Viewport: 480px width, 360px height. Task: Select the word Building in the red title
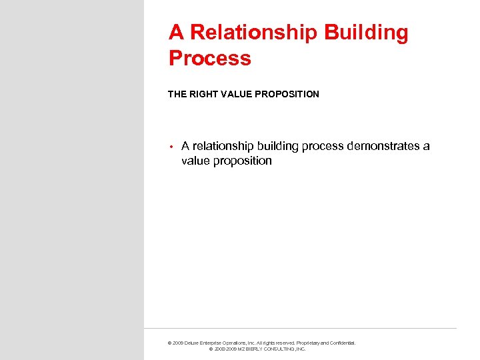pyautogui.click(x=367, y=33)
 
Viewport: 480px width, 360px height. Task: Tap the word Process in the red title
pyautogui.click(x=210, y=58)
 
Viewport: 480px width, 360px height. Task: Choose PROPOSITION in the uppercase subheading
pyautogui.click(x=288, y=94)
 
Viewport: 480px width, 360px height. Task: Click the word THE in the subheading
pyautogui.click(x=177, y=94)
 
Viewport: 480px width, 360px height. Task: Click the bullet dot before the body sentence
pyautogui.click(x=171, y=147)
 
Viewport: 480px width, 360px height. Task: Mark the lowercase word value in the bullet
pyautogui.click(x=195, y=161)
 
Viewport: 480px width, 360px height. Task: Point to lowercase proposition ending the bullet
pyautogui.click(x=243, y=161)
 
